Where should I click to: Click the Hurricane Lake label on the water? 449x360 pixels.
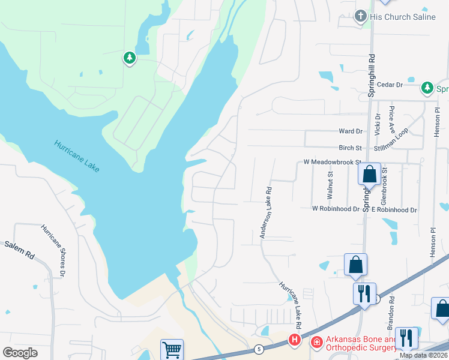click(x=77, y=156)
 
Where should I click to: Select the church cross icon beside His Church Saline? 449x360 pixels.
click(x=361, y=16)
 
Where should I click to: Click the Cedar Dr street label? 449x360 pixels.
click(x=391, y=85)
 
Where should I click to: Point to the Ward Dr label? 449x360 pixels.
click(x=351, y=131)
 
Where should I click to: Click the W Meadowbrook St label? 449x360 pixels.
click(x=331, y=162)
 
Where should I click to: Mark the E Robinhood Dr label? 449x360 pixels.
click(x=394, y=210)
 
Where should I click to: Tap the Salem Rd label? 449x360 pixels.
click(x=20, y=250)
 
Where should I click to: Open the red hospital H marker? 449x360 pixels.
click(x=295, y=340)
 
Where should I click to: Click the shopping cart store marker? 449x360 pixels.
click(x=172, y=349)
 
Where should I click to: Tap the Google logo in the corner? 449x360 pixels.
click(x=20, y=353)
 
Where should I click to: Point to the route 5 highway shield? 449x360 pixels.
click(x=259, y=349)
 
